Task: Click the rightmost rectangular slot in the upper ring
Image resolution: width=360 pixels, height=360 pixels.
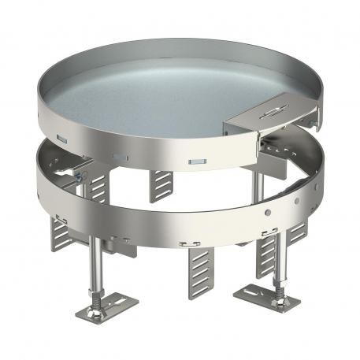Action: [194, 162]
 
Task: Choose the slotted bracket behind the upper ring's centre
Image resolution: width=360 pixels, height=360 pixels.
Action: [162, 184]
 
